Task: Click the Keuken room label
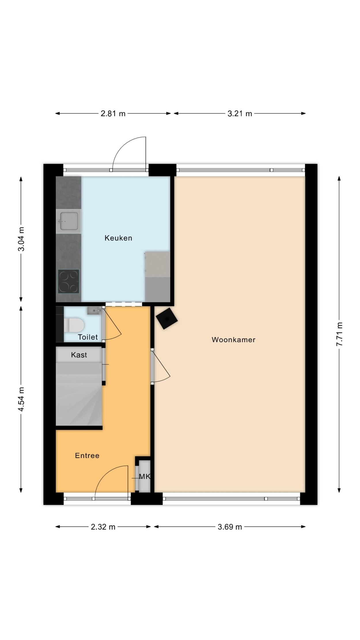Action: [118, 238]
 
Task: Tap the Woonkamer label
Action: [234, 340]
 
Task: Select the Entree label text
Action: [87, 455]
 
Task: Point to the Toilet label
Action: [88, 337]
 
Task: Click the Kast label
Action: [79, 355]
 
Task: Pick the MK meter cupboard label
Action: [145, 476]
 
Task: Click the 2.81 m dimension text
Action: [113, 113]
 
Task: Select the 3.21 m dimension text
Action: [240, 113]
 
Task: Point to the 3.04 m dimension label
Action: [21, 239]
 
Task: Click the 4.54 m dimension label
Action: [21, 399]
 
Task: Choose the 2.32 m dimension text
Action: [103, 527]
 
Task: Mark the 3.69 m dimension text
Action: [230, 527]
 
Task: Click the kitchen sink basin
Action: [68, 221]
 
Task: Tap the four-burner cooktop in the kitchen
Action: [69, 281]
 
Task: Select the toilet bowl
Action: [73, 325]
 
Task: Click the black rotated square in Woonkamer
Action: [167, 318]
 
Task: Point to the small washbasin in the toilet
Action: [94, 311]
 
